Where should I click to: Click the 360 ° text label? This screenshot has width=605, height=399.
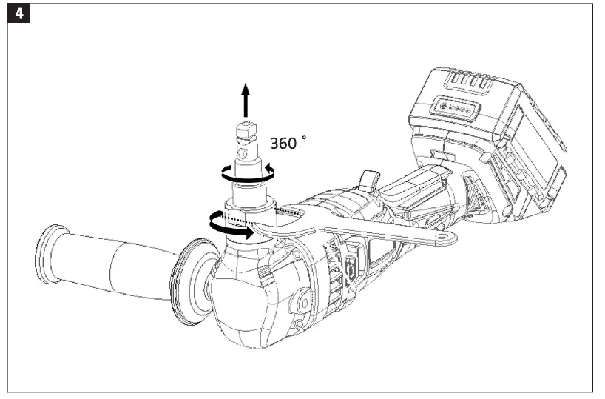click(286, 143)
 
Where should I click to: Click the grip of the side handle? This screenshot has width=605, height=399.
click(111, 266)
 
